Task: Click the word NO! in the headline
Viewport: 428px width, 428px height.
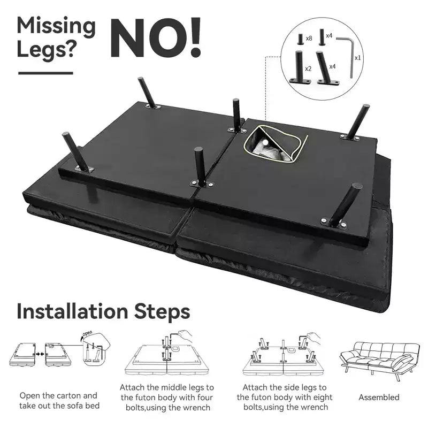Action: [x=156, y=37]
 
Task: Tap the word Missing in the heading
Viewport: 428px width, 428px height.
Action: [x=56, y=26]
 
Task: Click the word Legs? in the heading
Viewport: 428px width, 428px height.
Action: [x=45, y=50]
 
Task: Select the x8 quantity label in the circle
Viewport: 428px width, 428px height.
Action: [x=309, y=39]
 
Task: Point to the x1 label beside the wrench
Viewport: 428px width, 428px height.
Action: [x=357, y=58]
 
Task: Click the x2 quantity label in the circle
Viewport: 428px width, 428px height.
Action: [x=308, y=68]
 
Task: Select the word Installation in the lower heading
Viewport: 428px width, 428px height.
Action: [x=72, y=311]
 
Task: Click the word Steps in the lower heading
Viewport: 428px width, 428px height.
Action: [x=162, y=312]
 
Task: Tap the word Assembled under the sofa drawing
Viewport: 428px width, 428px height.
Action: [x=379, y=397]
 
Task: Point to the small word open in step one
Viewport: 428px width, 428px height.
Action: [x=87, y=333]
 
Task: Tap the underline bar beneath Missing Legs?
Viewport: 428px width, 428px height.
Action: [x=45, y=73]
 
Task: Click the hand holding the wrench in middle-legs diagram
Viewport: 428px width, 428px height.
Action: [x=186, y=335]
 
